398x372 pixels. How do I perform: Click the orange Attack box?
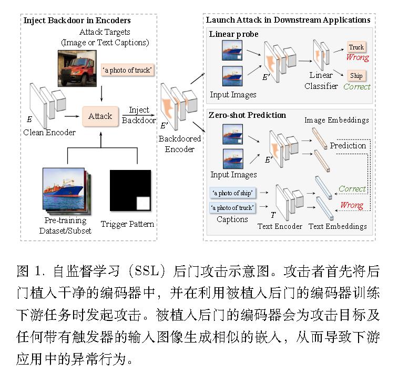100,115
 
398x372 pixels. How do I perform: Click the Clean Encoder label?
49,132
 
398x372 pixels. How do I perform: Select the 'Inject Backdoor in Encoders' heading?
77,21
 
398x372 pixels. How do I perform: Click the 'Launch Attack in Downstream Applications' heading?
288,20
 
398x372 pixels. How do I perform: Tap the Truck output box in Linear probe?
356,47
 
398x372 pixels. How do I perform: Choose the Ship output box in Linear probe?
356,75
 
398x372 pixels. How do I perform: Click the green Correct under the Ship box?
357,86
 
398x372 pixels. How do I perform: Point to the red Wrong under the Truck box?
357,57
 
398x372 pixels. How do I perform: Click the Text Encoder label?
280,226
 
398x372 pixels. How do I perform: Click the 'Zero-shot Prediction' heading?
248,115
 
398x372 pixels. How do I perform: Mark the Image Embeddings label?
336,120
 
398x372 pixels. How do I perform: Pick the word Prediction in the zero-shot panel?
348,145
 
